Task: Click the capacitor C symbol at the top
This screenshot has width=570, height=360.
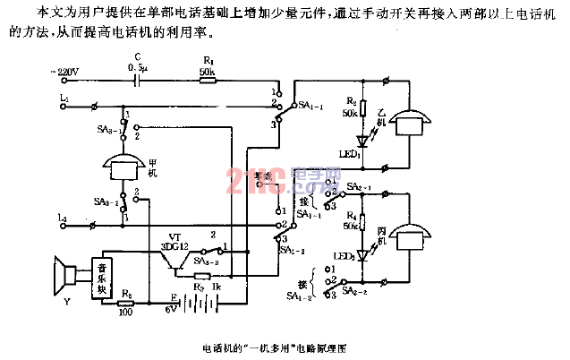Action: (137, 80)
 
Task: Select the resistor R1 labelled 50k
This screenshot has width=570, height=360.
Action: (207, 80)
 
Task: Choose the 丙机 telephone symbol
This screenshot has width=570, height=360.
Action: (419, 235)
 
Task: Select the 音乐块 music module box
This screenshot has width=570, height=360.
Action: (106, 277)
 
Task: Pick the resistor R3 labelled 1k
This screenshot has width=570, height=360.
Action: (202, 276)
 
